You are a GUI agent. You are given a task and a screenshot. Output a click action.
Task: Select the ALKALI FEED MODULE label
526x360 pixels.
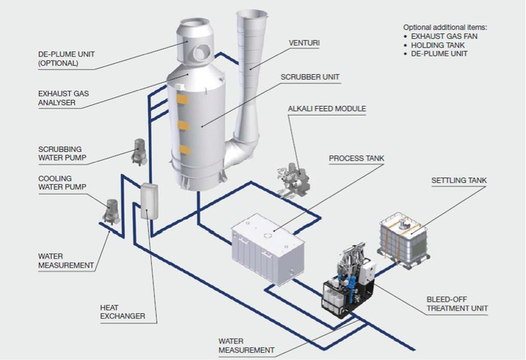[327, 109]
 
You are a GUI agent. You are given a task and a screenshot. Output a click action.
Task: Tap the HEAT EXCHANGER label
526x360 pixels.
[122, 311]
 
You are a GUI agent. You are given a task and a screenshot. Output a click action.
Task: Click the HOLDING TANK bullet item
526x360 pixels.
[438, 44]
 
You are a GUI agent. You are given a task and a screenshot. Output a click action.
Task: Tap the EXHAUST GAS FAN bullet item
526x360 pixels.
[447, 35]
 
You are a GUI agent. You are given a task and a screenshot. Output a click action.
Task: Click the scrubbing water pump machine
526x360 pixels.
[138, 150]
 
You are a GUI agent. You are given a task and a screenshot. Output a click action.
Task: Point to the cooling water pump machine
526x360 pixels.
[112, 211]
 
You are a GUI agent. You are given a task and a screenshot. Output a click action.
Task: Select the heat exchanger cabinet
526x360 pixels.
[148, 202]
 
